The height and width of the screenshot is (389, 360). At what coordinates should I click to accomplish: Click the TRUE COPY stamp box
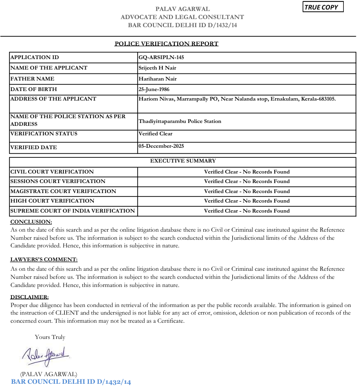coord(323,7)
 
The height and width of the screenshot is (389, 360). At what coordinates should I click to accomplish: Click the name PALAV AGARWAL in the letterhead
coord(182,9)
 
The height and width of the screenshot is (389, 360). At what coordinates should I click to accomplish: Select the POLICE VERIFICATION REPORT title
coord(167,44)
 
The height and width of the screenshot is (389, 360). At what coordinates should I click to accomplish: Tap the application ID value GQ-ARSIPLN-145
coord(161,57)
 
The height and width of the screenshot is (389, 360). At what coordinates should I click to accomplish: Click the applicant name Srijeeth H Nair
coord(157,68)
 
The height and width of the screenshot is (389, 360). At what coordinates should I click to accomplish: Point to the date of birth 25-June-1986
coord(154,89)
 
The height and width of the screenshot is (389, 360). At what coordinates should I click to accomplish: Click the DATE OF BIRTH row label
coord(33,89)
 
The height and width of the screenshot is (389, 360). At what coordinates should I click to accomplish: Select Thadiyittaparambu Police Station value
coord(180,121)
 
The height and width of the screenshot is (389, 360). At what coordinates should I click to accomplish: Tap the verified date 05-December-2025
coord(161,146)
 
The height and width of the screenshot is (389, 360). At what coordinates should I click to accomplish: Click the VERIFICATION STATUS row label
coord(43,133)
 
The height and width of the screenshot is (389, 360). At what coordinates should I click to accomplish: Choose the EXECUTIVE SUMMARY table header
coord(183,161)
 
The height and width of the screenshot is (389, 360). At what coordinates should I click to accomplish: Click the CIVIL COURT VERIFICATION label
coord(52,172)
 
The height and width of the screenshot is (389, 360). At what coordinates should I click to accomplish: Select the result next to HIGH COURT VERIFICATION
coord(247,201)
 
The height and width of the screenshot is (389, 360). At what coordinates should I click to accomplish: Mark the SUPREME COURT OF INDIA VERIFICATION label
coord(72,211)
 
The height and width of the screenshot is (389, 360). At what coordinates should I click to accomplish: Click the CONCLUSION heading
coord(31,222)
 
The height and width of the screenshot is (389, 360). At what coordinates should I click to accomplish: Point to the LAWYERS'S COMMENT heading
coord(44,259)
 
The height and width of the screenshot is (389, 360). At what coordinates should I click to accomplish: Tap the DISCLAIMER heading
coord(30,297)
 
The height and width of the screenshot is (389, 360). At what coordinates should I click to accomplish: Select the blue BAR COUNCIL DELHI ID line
coord(70,382)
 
